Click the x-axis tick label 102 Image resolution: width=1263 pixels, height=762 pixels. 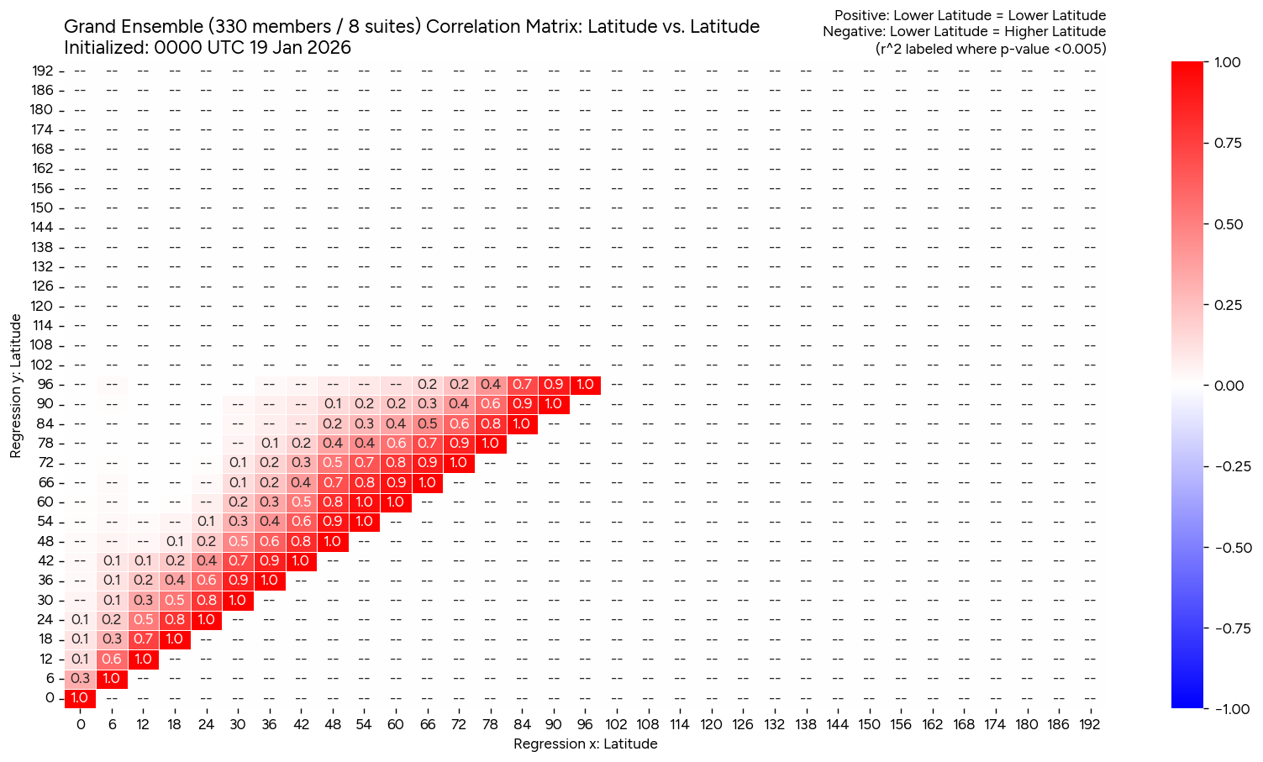coord(616,724)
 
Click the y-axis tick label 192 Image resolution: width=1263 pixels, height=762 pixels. coord(43,71)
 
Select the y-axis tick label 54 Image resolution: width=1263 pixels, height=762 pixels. coord(45,522)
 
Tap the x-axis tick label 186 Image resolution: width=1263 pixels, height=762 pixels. coord(1058,724)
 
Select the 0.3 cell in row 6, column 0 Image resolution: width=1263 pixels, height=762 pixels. coord(80,678)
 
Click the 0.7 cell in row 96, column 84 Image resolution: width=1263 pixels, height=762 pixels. coord(522,385)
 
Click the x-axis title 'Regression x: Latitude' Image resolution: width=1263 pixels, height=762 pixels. coord(585,744)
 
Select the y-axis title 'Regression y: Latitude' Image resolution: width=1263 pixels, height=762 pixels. coord(16,386)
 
